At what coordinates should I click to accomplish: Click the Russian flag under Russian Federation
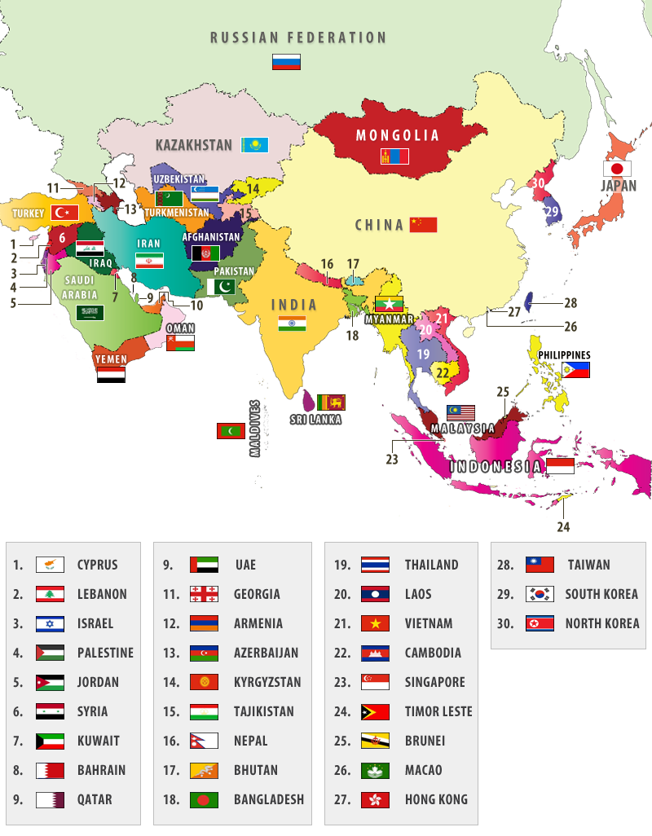pos(286,62)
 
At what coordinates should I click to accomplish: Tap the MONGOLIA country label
pos(398,135)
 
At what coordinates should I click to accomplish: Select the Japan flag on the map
pos(618,169)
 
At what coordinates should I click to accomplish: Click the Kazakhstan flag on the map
pos(255,145)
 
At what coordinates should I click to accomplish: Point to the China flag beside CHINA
pos(424,224)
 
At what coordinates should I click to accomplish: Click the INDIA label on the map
pos(294,305)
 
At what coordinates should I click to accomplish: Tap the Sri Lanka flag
pos(331,402)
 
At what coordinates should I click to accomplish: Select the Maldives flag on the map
pos(231,431)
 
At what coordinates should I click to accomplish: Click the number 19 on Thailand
pos(423,354)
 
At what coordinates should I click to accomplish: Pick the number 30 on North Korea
pos(537,183)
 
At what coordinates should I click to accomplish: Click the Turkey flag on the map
pos(64,213)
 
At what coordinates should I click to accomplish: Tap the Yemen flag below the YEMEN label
pos(111,376)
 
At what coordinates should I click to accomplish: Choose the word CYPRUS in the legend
pos(97,565)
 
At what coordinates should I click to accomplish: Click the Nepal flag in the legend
pos(204,741)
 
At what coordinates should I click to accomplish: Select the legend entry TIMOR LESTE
pos(438,711)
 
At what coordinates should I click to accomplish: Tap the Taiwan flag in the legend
pos(540,565)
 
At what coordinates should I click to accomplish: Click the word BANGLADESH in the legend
pos(268,799)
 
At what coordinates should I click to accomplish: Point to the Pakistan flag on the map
pos(221,287)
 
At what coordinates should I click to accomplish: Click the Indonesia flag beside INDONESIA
pos(560,466)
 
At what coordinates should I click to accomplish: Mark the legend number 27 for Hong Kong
pos(342,799)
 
